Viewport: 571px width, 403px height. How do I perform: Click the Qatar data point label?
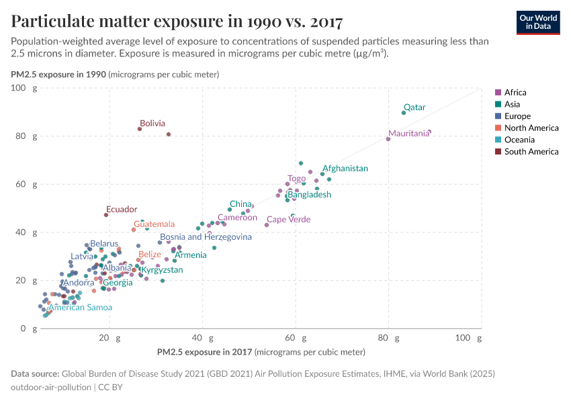point(414,107)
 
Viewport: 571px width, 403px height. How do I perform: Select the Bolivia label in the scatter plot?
point(152,124)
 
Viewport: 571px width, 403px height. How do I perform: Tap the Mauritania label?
point(408,134)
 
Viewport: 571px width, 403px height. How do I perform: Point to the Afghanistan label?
point(345,169)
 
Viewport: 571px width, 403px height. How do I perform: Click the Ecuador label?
point(122,210)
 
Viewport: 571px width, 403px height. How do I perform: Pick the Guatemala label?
point(154,224)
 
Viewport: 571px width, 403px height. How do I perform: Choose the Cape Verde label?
point(288,220)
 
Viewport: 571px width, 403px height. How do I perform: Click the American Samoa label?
point(80,308)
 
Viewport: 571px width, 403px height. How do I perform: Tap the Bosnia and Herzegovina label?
point(206,237)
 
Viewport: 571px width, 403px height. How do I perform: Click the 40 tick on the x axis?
point(201,339)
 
